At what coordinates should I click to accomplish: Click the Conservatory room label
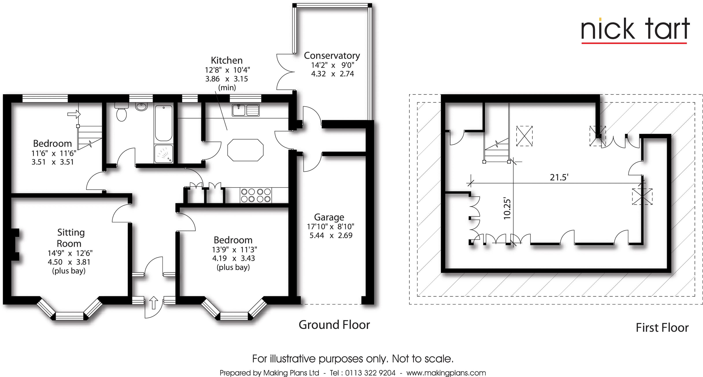coord(332,56)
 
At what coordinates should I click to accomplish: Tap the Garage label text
coord(329,217)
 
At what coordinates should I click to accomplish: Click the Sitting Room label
coord(70,238)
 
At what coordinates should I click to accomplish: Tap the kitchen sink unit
coord(245,110)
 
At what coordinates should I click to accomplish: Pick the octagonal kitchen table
coord(245,150)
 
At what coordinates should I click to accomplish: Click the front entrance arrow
coord(154,303)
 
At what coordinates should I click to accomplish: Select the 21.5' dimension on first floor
coord(559,178)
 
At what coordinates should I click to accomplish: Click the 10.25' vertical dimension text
coord(507,209)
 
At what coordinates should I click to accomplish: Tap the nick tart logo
coord(635,30)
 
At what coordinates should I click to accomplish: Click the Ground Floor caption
coord(334,325)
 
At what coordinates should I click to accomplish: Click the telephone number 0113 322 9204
coord(370,373)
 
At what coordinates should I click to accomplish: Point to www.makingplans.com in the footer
coord(446,373)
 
